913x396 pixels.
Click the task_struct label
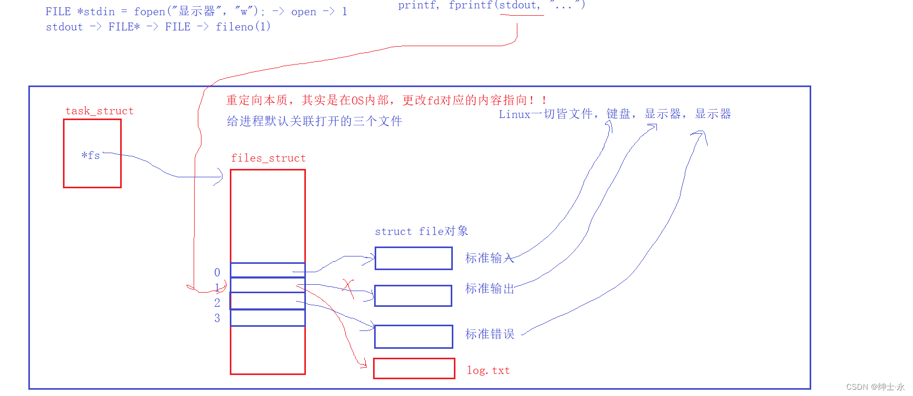(x=99, y=111)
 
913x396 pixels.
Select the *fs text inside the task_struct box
(x=91, y=155)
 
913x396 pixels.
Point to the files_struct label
(x=268, y=158)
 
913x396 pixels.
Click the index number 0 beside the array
(x=217, y=272)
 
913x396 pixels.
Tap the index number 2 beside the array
(x=217, y=303)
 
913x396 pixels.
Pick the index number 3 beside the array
(x=217, y=318)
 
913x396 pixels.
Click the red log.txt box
(x=414, y=368)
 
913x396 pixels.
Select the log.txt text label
(x=488, y=370)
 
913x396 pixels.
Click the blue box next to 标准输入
(x=413, y=258)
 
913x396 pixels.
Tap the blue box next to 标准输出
(x=413, y=296)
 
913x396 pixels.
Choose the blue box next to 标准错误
(x=413, y=337)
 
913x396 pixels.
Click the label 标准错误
(x=490, y=334)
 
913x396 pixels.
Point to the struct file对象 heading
(x=421, y=231)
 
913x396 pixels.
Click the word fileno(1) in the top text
(x=243, y=27)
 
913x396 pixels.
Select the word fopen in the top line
(x=150, y=12)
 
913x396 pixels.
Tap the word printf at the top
(x=417, y=5)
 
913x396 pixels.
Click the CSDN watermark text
(x=875, y=387)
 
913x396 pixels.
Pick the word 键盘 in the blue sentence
(x=618, y=114)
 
